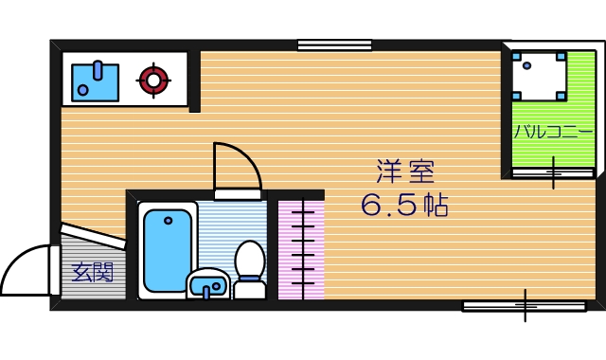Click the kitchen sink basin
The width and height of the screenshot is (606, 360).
click(x=95, y=82)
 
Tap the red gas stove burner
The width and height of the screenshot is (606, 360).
click(x=153, y=81)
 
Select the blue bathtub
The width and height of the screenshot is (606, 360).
click(x=168, y=250)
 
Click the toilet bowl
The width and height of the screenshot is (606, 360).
click(x=250, y=259)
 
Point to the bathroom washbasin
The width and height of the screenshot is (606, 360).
click(x=208, y=284)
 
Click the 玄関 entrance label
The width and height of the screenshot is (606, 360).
click(x=93, y=272)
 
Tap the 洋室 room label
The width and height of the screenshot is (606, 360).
click(x=405, y=171)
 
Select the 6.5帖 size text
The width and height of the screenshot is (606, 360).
click(x=404, y=205)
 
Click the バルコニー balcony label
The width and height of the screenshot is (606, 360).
click(x=553, y=132)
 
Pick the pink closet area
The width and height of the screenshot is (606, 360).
click(x=301, y=250)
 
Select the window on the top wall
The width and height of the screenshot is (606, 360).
click(x=334, y=45)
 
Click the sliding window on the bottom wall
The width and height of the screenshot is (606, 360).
click(x=525, y=306)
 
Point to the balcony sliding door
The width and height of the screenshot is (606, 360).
click(x=553, y=172)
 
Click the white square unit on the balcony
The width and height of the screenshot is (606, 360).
click(x=540, y=76)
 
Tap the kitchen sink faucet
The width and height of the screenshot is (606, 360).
click(x=98, y=70)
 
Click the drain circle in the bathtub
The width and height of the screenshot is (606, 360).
click(x=169, y=221)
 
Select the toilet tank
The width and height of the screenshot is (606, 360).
click(x=250, y=288)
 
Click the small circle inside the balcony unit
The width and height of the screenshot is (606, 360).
click(x=526, y=65)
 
